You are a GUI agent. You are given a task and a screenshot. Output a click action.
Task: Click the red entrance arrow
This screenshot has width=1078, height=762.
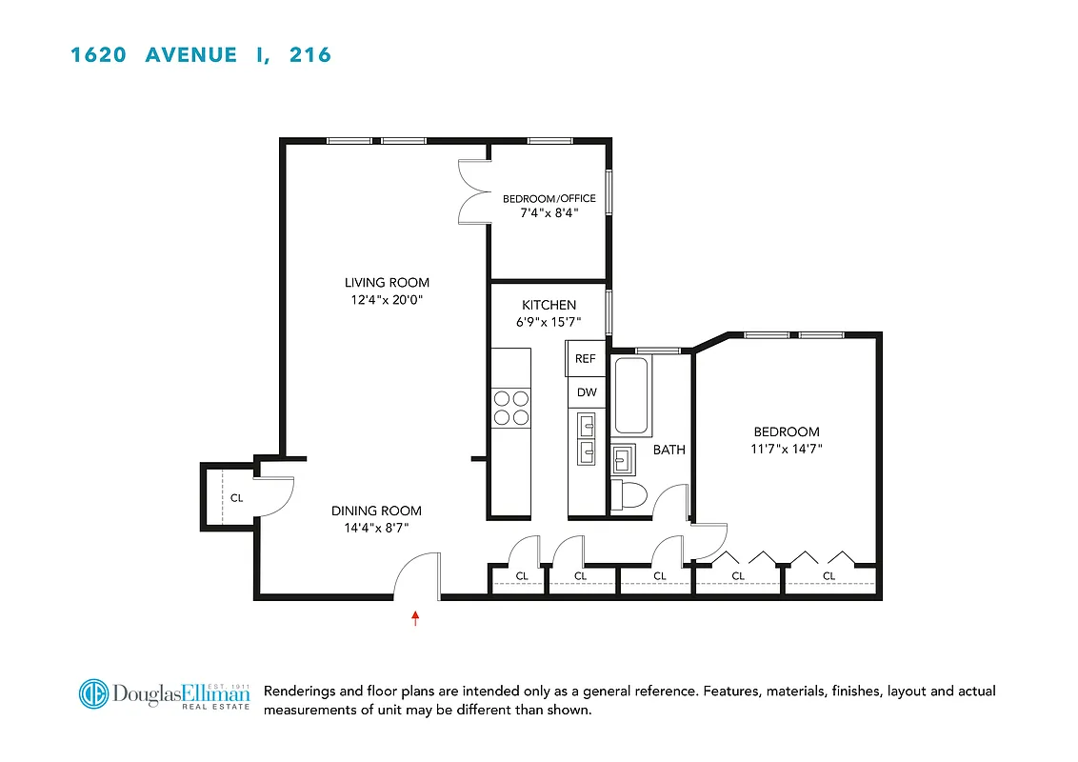415,618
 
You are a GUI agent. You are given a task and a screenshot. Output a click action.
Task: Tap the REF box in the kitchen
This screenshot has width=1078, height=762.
586,359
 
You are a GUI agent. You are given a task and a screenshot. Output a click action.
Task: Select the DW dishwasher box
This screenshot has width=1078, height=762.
586,392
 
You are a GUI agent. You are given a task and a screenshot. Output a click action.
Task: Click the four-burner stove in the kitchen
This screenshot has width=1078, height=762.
510,408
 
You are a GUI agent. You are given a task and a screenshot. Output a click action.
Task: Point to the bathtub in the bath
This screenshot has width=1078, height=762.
633,395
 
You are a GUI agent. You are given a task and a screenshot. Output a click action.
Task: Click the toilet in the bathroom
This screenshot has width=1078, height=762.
629,494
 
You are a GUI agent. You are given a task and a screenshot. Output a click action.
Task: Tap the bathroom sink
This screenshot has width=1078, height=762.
626,459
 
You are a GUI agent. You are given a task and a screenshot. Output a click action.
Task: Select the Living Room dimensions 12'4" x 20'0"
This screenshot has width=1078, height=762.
387,300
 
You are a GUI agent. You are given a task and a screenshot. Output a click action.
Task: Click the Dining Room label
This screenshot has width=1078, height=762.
376,511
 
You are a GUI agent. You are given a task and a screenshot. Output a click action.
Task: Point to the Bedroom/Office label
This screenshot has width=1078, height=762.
549,198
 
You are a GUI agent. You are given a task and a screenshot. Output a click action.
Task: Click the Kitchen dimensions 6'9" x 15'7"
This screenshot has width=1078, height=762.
549,322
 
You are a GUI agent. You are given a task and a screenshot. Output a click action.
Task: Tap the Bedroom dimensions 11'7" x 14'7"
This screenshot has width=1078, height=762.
787,449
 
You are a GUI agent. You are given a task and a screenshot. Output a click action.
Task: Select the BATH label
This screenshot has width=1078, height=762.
669,450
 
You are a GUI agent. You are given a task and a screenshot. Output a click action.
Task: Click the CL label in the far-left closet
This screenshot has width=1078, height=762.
236,497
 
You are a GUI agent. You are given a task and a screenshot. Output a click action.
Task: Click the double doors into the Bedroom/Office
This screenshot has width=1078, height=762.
472,191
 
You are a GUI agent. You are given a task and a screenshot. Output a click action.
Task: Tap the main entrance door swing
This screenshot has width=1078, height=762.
416,577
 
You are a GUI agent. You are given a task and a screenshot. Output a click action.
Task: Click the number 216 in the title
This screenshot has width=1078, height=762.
310,55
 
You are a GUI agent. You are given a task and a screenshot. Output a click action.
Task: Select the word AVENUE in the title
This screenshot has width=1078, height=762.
190,55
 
